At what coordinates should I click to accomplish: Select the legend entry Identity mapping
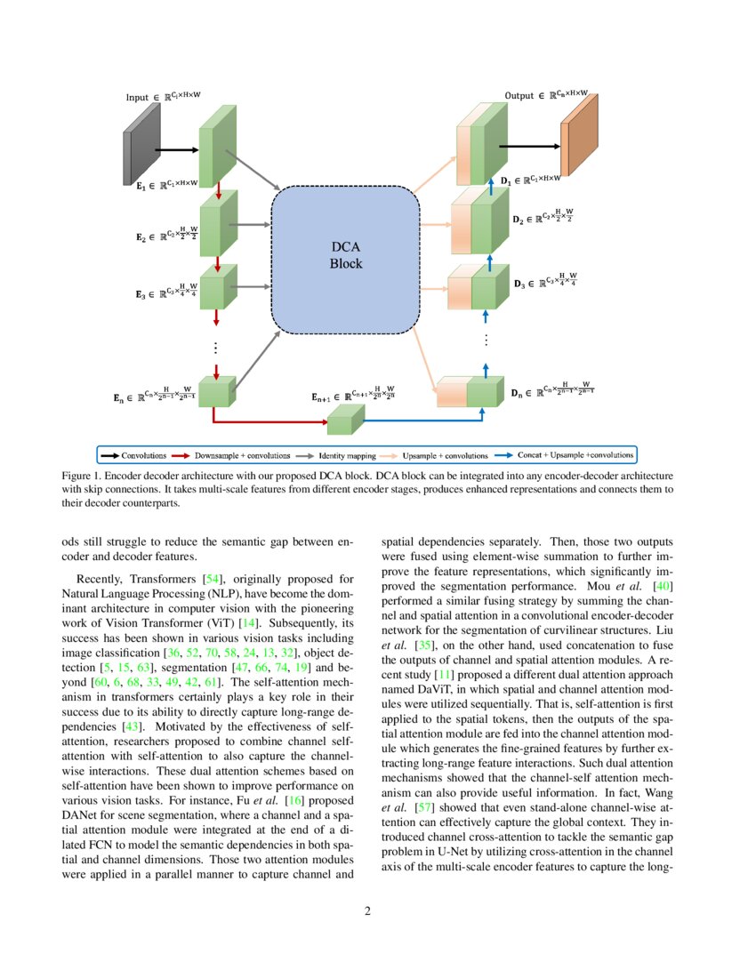coord(346,455)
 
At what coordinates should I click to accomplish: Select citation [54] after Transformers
coord(214,581)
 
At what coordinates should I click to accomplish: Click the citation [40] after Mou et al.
coord(664,586)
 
